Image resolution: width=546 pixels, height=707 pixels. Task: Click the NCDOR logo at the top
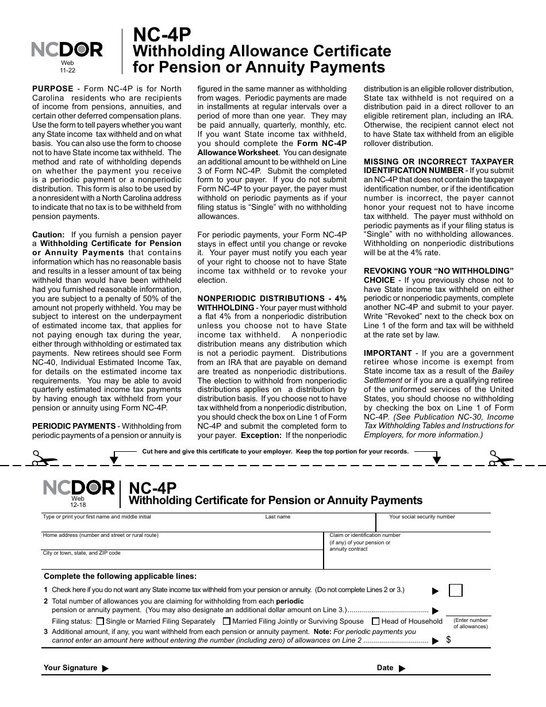click(67, 51)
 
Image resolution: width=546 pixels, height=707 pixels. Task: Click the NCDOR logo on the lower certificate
click(79, 488)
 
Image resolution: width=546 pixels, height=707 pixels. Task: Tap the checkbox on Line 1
click(455, 590)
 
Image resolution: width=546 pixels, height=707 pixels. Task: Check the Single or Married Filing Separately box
click(101, 621)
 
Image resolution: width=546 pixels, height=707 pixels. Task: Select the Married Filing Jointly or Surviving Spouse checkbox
click(226, 621)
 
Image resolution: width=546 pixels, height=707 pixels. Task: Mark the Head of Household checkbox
click(376, 621)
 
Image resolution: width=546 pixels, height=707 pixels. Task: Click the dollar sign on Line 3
click(448, 639)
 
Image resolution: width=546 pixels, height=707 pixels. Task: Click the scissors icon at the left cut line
click(41, 458)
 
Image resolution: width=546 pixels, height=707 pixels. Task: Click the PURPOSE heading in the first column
click(52, 89)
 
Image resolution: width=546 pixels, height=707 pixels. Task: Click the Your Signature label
click(70, 668)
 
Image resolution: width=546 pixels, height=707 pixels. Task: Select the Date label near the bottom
click(385, 668)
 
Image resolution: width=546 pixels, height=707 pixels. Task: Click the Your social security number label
click(422, 517)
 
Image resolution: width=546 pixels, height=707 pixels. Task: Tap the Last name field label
click(278, 517)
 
